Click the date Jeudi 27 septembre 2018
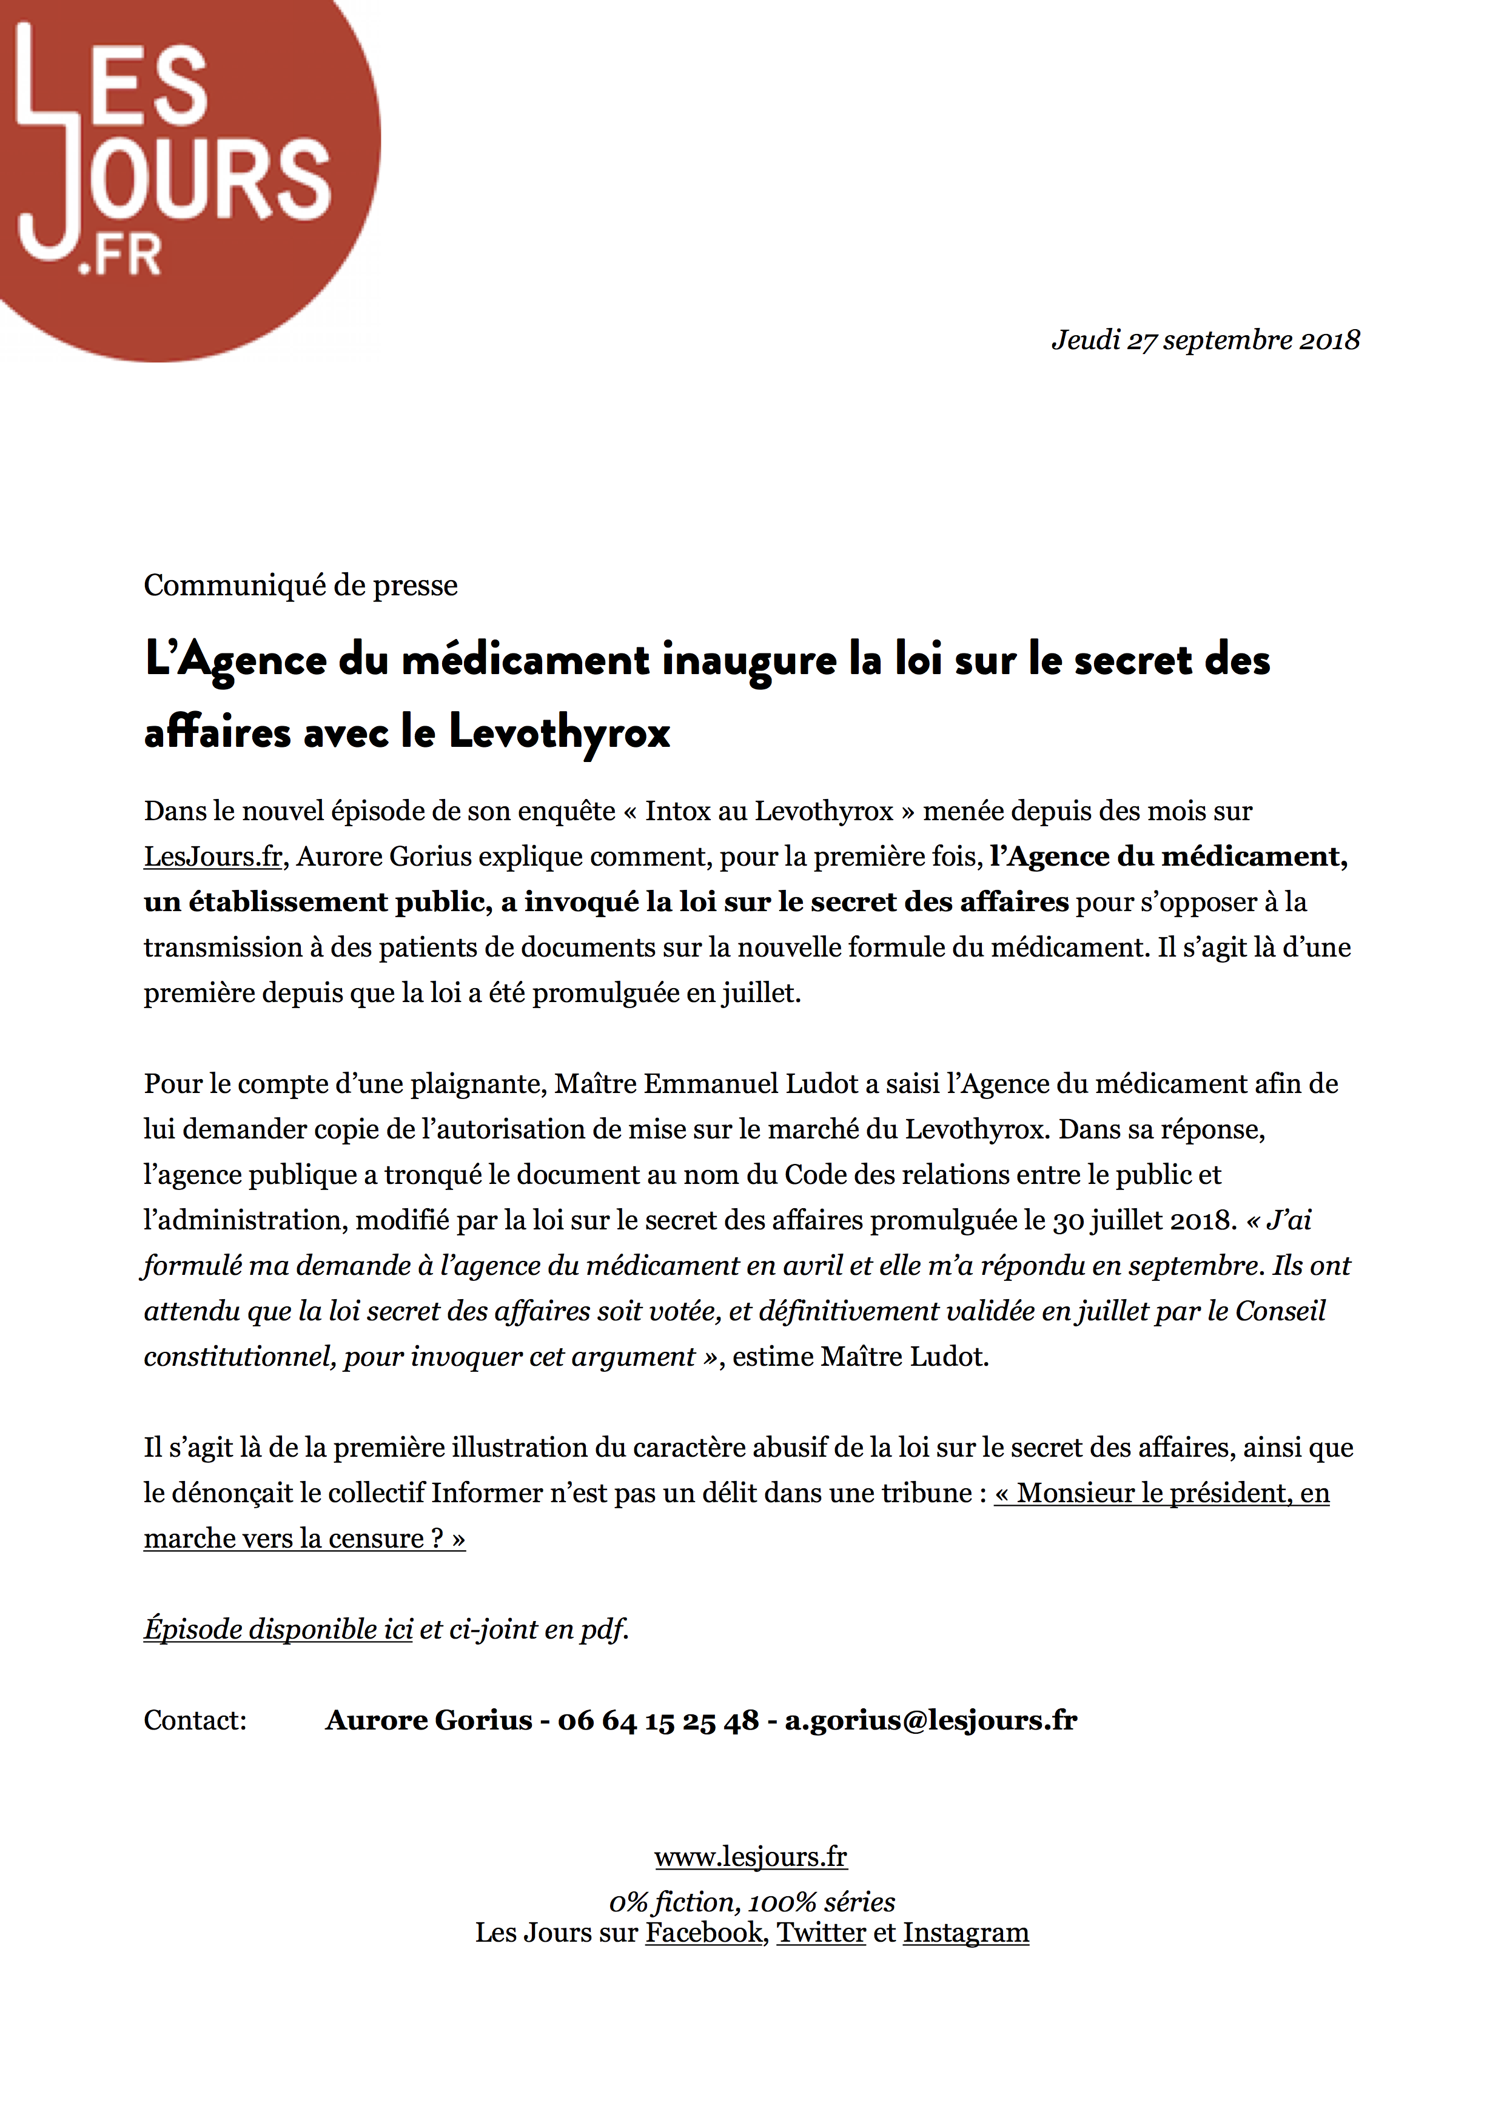point(1205,341)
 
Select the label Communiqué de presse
point(300,585)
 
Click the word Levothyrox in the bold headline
point(559,732)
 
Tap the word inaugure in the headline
point(748,660)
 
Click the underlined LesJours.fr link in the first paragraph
point(213,857)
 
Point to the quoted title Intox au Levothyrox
point(768,811)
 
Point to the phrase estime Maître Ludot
point(861,1357)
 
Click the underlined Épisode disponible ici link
point(278,1630)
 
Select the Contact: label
point(195,1720)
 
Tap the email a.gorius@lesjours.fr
point(931,1720)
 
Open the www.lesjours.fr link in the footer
point(750,1857)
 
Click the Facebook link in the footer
point(704,1933)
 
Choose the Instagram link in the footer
point(966,1933)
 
